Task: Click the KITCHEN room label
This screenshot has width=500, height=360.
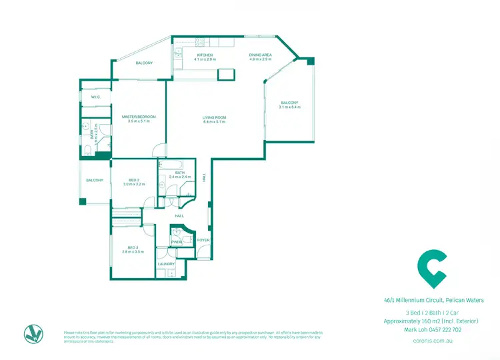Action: click(204, 55)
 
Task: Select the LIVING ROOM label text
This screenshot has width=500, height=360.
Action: click(215, 117)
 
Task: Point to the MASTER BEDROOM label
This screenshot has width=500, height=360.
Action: click(139, 117)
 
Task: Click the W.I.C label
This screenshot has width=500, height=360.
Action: click(95, 97)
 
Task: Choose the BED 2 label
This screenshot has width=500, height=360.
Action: click(134, 179)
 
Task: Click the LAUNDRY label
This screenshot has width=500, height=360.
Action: click(166, 264)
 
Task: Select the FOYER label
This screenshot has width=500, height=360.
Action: click(203, 239)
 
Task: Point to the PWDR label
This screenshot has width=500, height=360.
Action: click(177, 242)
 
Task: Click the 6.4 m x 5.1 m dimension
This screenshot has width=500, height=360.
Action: click(215, 122)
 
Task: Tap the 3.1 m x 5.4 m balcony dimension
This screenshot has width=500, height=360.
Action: click(290, 107)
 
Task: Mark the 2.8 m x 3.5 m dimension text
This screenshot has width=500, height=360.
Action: click(133, 252)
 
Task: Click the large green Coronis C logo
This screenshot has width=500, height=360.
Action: click(431, 269)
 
